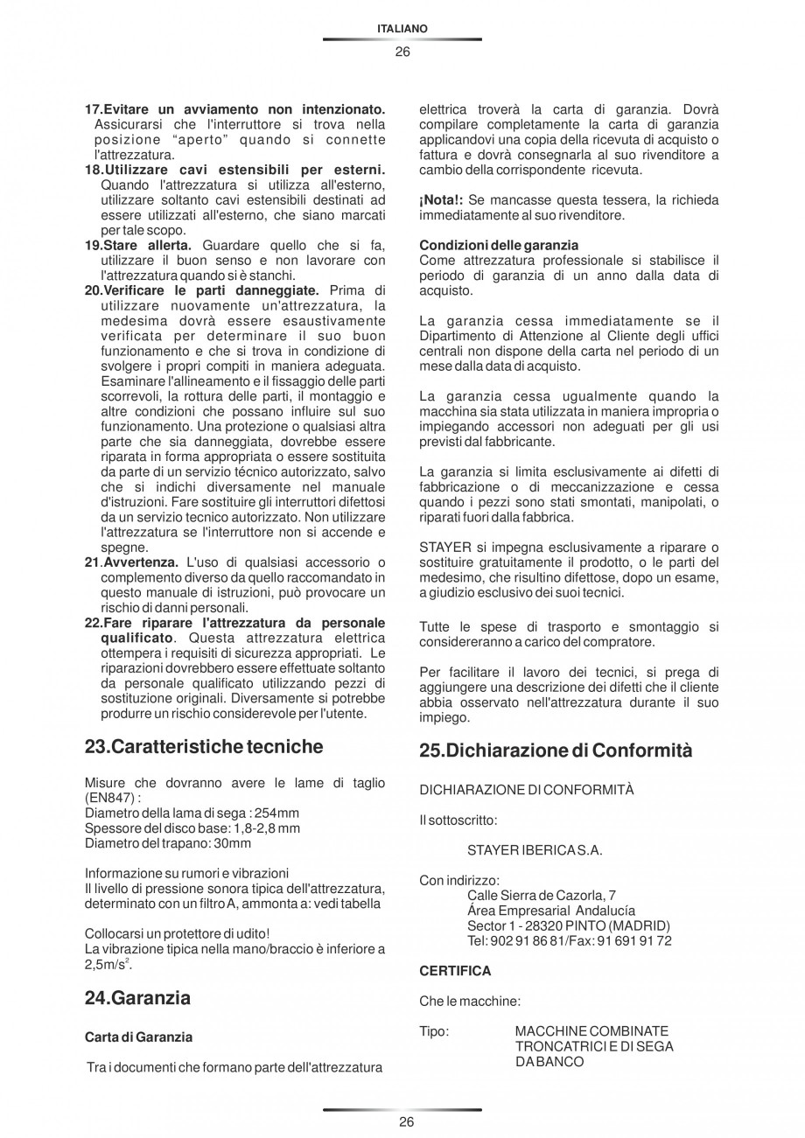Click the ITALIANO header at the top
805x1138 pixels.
402,29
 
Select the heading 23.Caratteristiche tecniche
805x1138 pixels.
204,746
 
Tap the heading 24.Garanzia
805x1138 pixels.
137,997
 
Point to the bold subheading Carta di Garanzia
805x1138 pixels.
138,1037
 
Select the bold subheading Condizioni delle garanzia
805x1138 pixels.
499,245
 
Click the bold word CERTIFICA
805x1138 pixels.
455,971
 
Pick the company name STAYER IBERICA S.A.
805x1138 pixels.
535,849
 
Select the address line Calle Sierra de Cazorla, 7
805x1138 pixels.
542,895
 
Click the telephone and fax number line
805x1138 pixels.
570,940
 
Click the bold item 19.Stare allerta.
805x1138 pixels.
137,245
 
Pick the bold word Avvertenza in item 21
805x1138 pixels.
142,561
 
